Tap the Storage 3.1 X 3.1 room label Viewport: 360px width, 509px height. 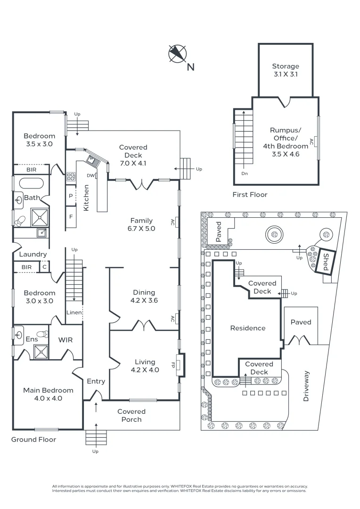tap(285, 70)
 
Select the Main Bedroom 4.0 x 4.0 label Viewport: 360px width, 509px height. tap(49, 394)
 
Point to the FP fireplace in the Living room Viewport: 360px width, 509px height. tap(180, 365)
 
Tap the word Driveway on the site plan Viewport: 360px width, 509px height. tap(306, 386)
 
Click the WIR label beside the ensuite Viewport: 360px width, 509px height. tap(65, 339)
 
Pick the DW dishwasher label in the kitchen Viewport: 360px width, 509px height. tap(91, 176)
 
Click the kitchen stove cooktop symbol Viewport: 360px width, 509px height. tap(71, 177)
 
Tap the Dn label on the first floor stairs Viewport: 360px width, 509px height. tap(244, 173)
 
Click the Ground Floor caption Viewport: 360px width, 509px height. tap(34, 439)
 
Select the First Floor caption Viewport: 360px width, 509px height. tap(250, 194)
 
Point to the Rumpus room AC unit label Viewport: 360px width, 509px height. tap(311, 141)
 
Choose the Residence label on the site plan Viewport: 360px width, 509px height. tap(247, 328)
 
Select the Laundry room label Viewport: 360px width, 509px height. tap(33, 254)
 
